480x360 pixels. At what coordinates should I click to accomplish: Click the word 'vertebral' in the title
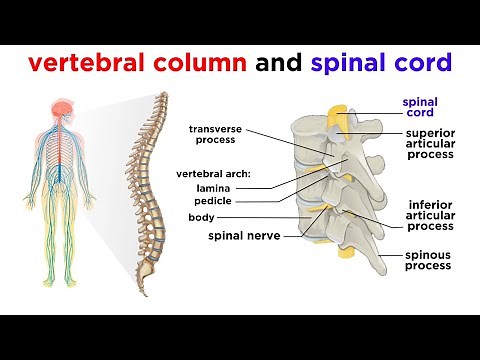[x=88, y=63]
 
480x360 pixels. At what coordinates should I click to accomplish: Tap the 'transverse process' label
[x=212, y=134]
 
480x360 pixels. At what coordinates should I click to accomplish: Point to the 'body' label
[x=200, y=217]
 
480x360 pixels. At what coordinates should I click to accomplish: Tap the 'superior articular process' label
[x=432, y=147]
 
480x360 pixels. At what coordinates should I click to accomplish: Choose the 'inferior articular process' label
[x=432, y=218]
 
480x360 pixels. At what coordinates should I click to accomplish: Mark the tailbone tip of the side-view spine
[x=146, y=293]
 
